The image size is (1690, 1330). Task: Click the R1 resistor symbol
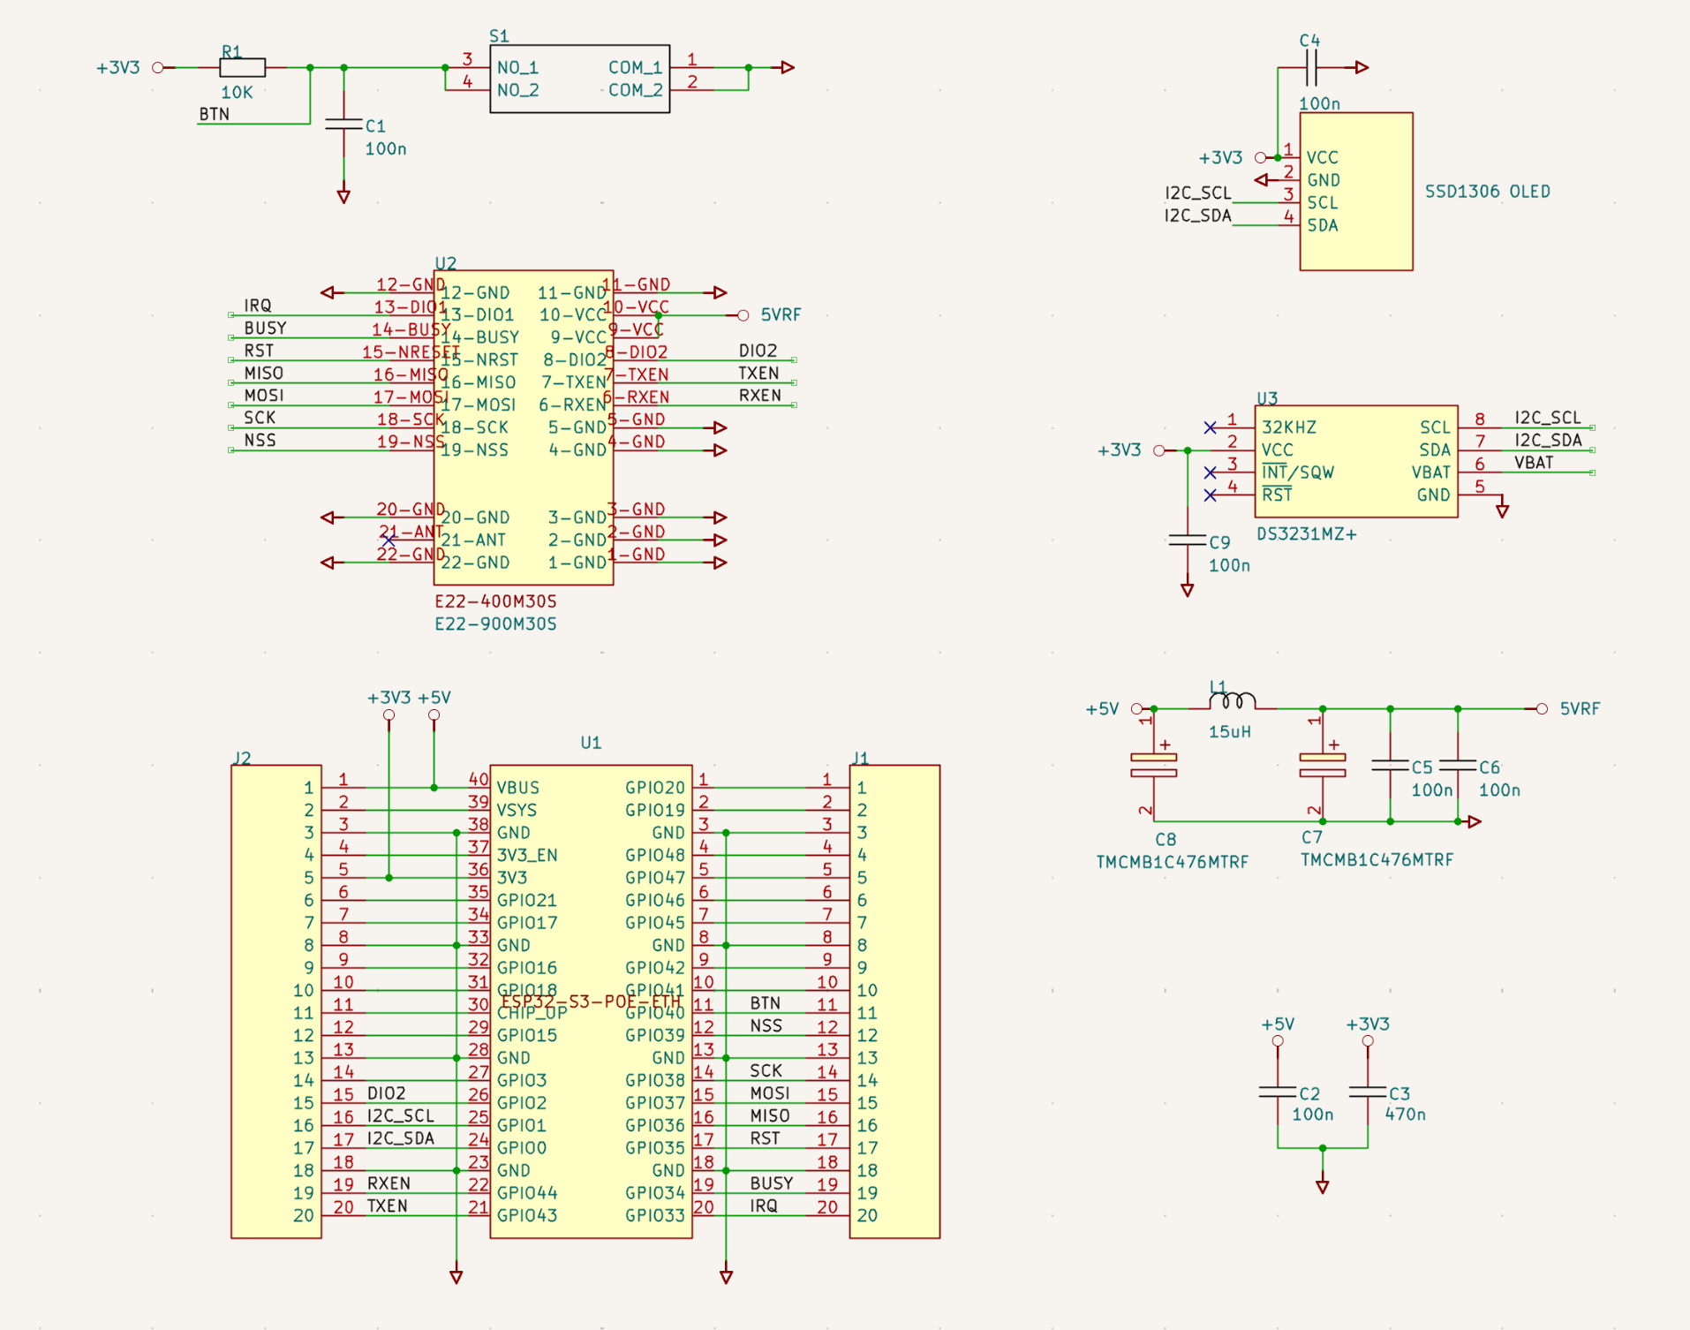(242, 67)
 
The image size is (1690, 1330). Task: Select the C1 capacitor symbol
(343, 125)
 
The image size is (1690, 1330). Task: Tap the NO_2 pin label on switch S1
(517, 90)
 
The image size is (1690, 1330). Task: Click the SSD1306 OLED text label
(1487, 192)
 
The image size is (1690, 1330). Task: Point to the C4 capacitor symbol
(1310, 67)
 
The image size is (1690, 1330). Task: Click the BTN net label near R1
(214, 114)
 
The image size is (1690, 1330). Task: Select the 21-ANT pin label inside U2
(473, 540)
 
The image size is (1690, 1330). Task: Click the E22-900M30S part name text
(495, 623)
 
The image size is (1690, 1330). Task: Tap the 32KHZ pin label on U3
(1288, 427)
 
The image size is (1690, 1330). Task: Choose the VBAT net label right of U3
(1533, 462)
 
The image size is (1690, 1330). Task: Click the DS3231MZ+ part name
(1306, 534)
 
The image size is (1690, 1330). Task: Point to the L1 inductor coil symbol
(1232, 701)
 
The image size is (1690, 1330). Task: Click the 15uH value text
(1229, 731)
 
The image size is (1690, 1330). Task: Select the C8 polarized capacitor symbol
(1153, 765)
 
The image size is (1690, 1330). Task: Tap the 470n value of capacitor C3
(1405, 1115)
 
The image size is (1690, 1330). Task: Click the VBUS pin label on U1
(517, 788)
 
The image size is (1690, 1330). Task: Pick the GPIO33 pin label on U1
(654, 1215)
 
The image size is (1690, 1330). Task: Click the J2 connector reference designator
(242, 758)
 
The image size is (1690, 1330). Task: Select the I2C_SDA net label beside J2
(400, 1138)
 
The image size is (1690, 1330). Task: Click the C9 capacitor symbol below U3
(1187, 540)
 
